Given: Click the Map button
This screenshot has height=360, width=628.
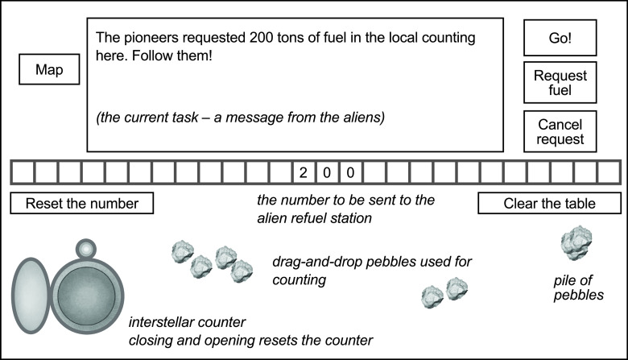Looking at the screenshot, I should point(49,70).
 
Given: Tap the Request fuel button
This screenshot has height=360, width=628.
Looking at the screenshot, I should point(560,83).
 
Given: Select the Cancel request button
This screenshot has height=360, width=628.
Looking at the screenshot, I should point(560,132).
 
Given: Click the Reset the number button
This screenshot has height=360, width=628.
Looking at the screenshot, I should point(81,203).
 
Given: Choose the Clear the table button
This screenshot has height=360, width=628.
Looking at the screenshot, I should point(549,203).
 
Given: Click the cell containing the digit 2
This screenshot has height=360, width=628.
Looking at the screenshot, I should point(304,172).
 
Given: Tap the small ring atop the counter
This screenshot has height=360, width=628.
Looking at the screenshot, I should point(85,248).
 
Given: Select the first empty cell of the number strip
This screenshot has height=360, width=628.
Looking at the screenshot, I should point(22,172).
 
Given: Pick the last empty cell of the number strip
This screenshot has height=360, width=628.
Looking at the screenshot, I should point(607,172).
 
